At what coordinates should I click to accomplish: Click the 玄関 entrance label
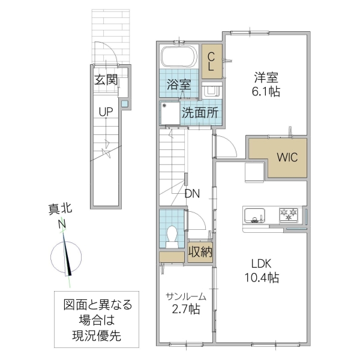[x=105, y=80]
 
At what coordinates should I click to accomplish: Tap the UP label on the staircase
[x=106, y=112]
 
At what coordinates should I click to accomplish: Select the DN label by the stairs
[x=193, y=194]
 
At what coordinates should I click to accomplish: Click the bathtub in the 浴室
[x=179, y=59]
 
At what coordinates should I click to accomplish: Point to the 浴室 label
[x=179, y=85]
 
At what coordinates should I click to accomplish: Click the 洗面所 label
[x=200, y=112]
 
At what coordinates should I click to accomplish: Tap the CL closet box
[x=211, y=62]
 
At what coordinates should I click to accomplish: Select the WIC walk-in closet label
[x=286, y=157]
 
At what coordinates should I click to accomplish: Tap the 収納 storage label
[x=200, y=251]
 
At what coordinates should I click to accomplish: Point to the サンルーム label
[x=186, y=296]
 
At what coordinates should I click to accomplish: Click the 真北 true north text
[x=60, y=209]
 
